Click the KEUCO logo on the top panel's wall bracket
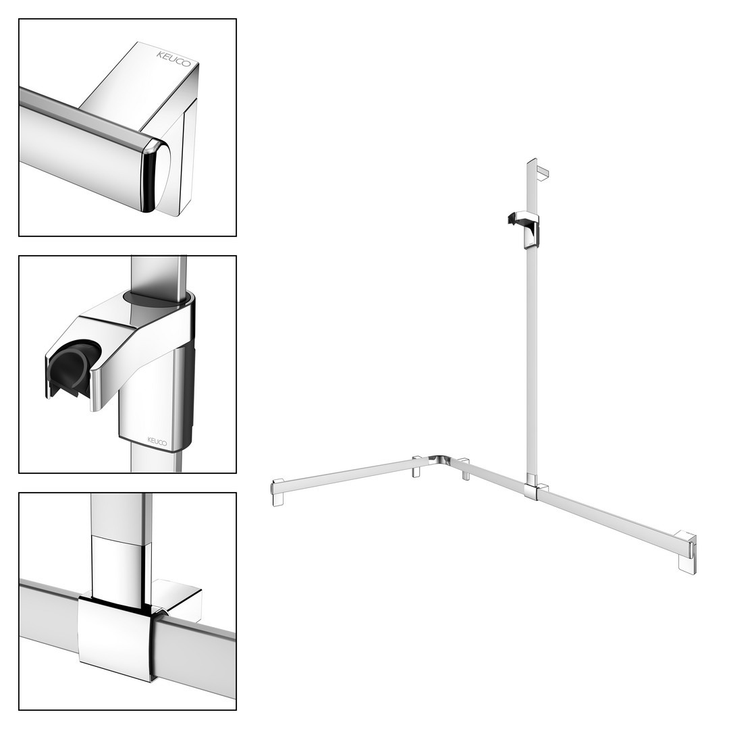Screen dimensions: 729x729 click(x=173, y=59)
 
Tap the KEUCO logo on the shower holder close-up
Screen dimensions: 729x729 click(x=157, y=441)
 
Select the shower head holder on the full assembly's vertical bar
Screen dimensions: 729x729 click(x=524, y=228)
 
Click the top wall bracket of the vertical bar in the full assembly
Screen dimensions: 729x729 click(x=542, y=170)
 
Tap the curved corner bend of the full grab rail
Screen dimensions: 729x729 click(x=439, y=460)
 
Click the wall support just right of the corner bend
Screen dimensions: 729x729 click(x=464, y=469)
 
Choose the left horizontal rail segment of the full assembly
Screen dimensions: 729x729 click(x=349, y=476)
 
